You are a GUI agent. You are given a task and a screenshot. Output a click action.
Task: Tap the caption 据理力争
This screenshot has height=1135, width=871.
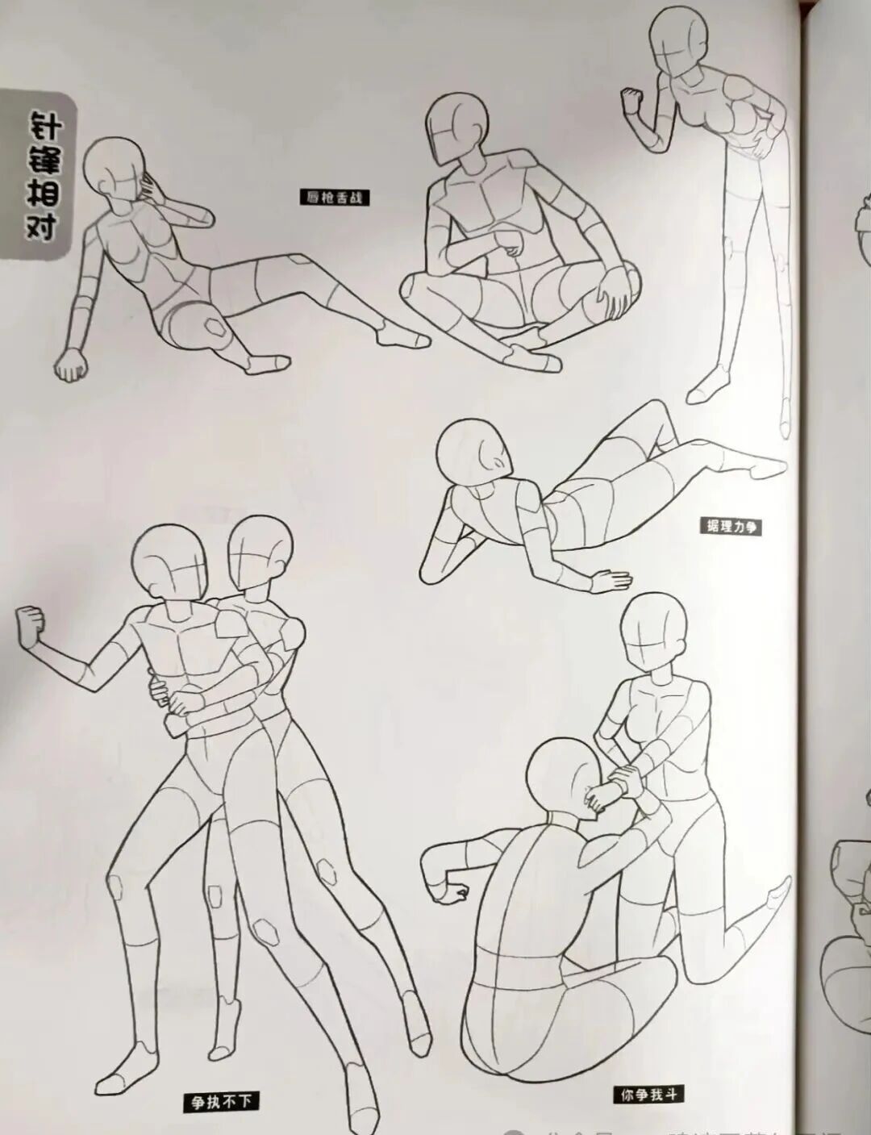click(731, 528)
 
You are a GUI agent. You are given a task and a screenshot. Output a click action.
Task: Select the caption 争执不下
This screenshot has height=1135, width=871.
click(220, 1101)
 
